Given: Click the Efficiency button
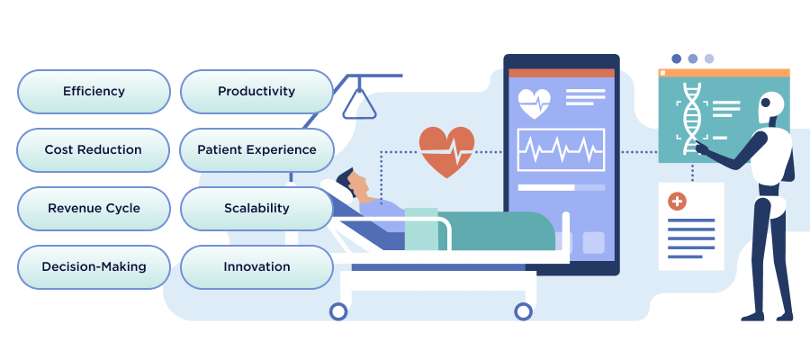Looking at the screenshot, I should coord(94,92).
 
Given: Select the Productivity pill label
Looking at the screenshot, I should coord(256,92).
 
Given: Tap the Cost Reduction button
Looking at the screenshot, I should coord(94,149).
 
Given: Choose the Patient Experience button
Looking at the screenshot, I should coord(256,149).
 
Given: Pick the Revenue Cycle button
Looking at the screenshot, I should coord(94,208).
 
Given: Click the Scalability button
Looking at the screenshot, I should coord(256,208).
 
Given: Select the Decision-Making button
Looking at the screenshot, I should coord(94,266).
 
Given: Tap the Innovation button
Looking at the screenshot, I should coord(256,266).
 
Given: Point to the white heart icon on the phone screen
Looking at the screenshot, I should coord(535,102).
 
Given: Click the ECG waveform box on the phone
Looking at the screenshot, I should coord(561,149).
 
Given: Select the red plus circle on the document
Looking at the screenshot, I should coord(677,201).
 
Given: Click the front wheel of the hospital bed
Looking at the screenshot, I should coord(524,311).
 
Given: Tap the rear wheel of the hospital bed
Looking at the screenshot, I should coord(338,311).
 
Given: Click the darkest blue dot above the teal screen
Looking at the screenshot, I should coord(676,58).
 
